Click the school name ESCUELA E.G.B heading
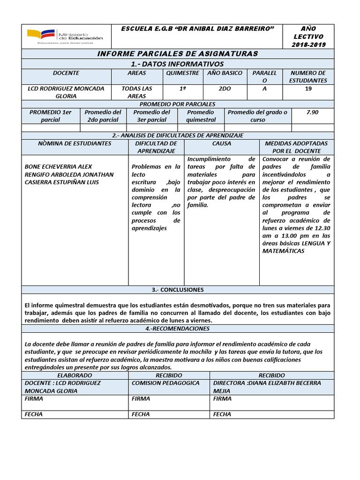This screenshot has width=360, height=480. point(197,29)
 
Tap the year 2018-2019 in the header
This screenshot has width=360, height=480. point(308,45)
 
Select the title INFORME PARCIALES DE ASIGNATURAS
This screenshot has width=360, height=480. point(177,54)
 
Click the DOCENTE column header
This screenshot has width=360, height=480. point(66,73)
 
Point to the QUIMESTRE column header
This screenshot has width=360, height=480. point(183,73)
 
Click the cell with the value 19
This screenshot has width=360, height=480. point(308,89)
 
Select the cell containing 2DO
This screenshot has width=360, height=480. point(225,89)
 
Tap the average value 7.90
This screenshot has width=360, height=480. point(312,112)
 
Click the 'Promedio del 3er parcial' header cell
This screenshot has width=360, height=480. point(151,116)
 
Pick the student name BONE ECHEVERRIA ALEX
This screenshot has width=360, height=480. point(58,167)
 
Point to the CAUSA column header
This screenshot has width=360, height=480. point(222,143)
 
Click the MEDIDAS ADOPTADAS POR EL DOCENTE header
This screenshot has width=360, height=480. point(297,147)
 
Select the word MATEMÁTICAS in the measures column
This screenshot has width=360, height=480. point(284,251)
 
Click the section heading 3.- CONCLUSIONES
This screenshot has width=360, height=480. point(177,290)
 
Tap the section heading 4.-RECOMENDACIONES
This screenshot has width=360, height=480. point(177,329)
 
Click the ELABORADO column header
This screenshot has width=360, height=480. point(75,375)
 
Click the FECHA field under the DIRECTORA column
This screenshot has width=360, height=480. point(222,414)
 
